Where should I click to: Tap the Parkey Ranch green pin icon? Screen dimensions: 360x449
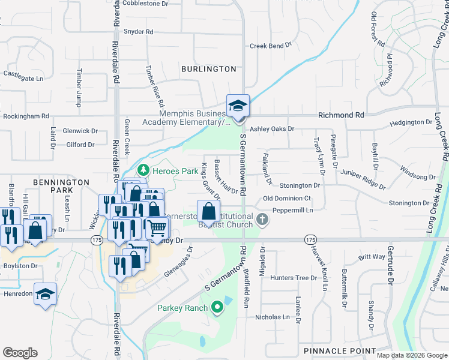point(217,308)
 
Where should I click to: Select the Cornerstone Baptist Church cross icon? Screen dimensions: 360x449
point(262,220)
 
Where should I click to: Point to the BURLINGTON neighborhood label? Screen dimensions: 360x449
point(209,69)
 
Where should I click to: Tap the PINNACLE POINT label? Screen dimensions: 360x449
point(340,351)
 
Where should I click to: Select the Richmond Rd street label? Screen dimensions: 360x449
point(341,115)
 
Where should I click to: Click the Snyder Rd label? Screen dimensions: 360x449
point(138,31)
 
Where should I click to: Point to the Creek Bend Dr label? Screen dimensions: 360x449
point(270,46)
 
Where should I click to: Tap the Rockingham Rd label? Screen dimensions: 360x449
point(26,116)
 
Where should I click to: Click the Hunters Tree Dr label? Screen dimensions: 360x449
point(293,278)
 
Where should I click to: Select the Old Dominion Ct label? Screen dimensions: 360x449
point(287,199)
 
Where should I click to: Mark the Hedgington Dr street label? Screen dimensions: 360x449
point(411,122)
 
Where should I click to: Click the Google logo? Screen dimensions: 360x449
point(20,353)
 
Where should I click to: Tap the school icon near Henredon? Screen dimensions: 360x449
point(45,295)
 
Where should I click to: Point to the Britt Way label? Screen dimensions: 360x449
point(372,257)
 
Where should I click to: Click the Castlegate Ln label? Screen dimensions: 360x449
point(23,79)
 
